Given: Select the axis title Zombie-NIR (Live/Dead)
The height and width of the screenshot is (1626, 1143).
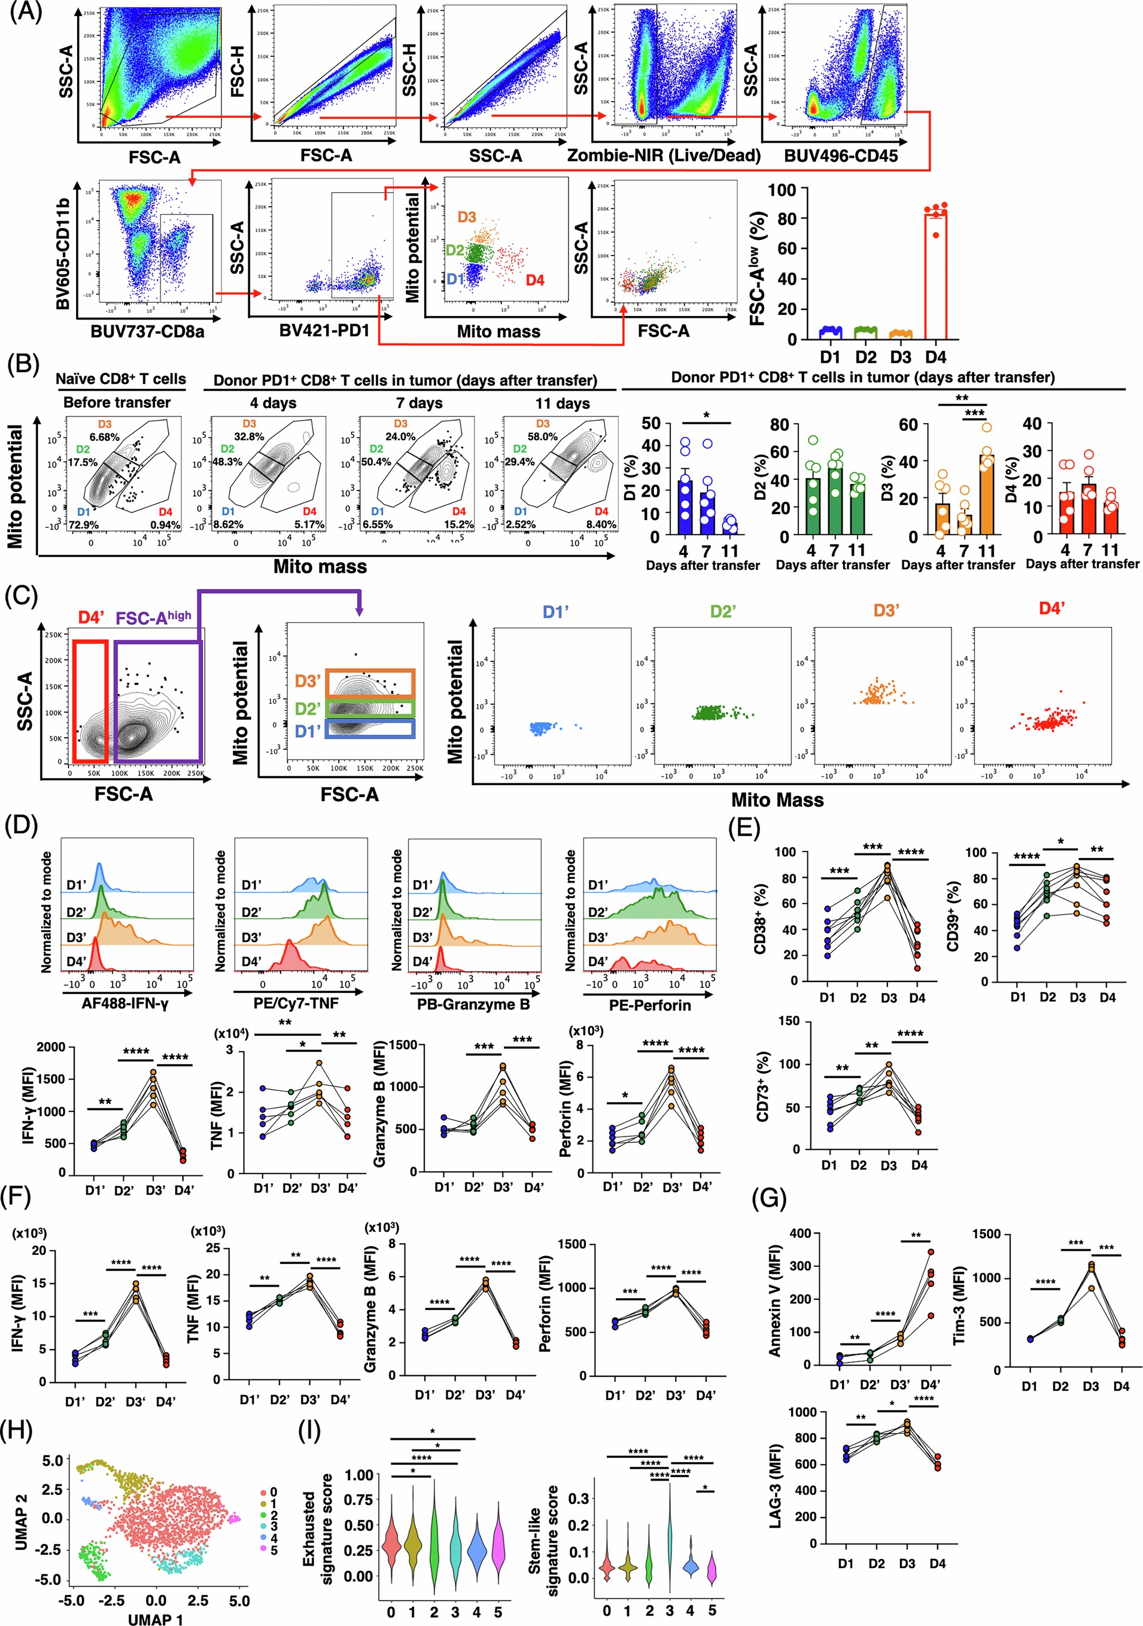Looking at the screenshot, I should point(664,156).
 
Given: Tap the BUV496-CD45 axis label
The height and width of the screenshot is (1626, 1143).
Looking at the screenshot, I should point(841,156).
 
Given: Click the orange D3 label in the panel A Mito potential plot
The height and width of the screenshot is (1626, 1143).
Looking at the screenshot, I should point(466,217).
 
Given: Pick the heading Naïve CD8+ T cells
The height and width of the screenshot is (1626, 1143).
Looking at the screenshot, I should point(120,379).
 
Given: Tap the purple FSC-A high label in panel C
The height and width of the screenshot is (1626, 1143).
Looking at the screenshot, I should point(153,618).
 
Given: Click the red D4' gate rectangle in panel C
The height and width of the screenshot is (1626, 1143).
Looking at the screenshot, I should point(90,701).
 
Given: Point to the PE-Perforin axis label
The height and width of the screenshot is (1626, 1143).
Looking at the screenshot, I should point(649,1004).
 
